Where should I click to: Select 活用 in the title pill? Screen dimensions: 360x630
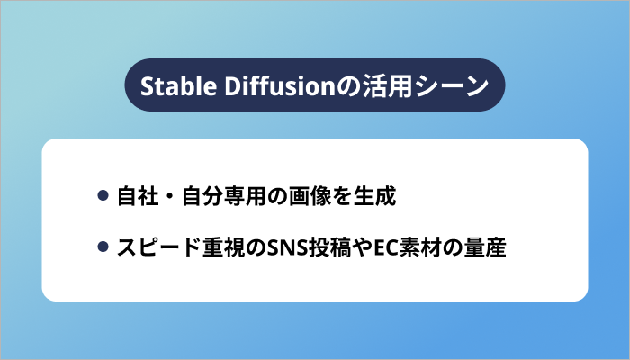tap(382, 86)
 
